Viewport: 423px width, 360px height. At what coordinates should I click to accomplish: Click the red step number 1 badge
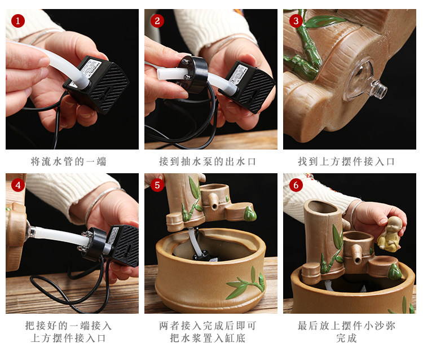[18, 21]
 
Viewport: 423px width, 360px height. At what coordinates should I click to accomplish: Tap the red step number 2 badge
[157, 21]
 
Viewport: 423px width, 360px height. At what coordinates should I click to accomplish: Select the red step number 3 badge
[296, 21]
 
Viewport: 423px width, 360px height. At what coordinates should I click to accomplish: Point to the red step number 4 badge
[18, 185]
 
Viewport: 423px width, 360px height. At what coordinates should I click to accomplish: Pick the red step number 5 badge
[157, 185]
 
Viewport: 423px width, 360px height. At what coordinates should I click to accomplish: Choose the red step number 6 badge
[296, 185]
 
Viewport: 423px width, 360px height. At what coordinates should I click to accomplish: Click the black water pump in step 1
[96, 84]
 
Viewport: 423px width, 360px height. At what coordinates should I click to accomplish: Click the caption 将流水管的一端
[68, 161]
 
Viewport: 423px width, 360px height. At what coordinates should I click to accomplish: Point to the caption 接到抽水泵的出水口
[208, 161]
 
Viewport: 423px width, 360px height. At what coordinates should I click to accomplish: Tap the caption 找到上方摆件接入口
[346, 161]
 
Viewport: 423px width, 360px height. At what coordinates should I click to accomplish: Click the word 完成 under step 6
[346, 338]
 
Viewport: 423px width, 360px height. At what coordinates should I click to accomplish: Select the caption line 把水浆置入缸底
[208, 338]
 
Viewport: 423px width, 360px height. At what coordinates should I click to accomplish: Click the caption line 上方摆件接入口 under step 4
[68, 338]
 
